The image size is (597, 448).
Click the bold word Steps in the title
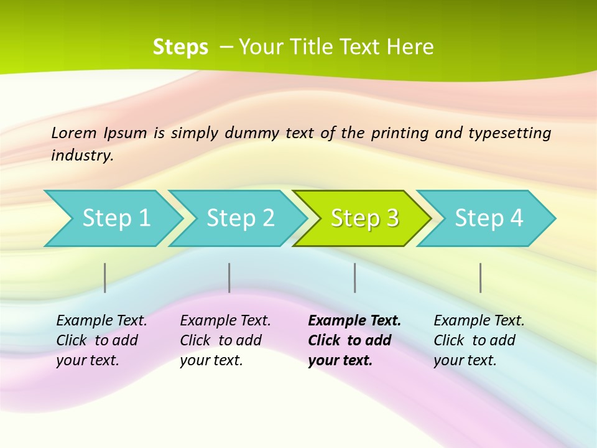[180, 47]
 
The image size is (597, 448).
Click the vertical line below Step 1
[105, 278]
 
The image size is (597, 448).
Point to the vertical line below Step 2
[229, 278]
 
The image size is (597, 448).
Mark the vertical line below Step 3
[355, 278]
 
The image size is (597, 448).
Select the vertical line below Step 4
[481, 278]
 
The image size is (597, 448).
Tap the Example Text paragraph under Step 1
[101, 340]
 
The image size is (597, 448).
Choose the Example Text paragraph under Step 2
[225, 340]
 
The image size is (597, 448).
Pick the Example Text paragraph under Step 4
[479, 340]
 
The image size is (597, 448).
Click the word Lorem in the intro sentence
[74, 133]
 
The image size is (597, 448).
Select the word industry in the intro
[81, 156]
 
